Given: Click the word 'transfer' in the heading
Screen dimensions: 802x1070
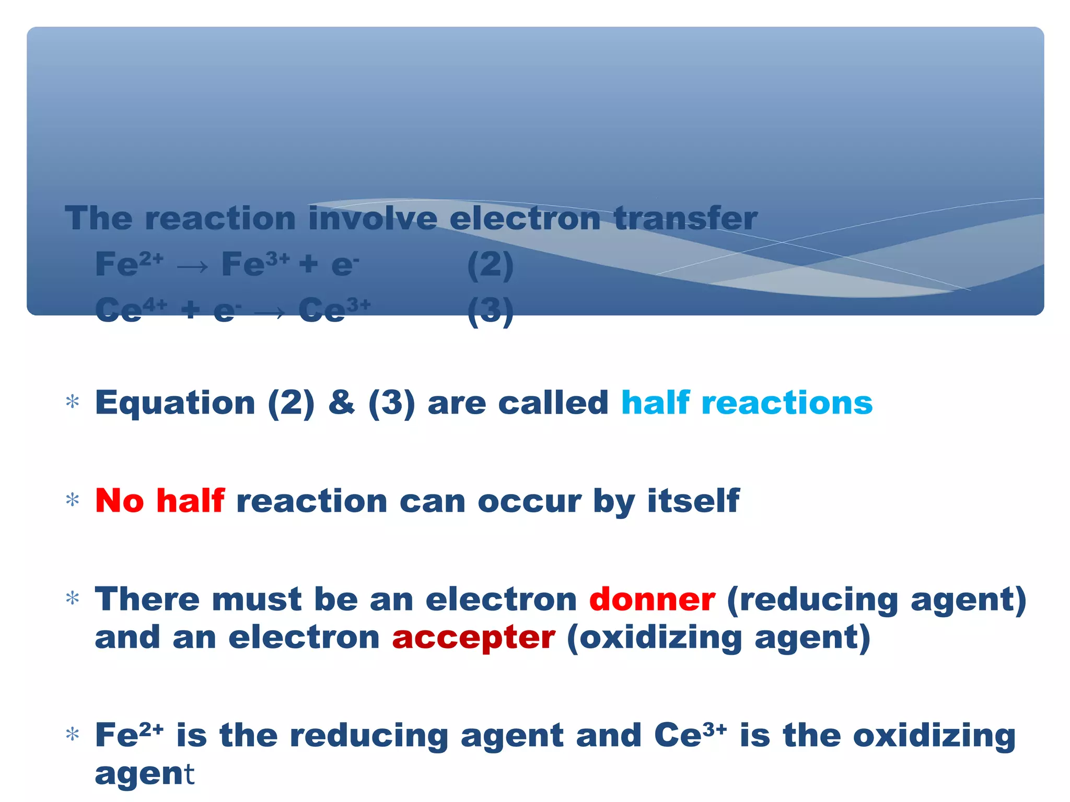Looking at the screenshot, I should coord(685,218).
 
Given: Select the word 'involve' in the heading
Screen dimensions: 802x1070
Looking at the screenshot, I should coord(373,218).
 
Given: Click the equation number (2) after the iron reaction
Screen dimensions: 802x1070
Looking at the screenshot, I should coord(490,265).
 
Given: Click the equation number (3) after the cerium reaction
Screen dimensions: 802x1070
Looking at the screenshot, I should coord(490,311).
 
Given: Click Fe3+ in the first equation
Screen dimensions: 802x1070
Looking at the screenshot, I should coord(254,264).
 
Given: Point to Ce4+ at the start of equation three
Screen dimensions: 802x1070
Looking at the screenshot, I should coord(131,309).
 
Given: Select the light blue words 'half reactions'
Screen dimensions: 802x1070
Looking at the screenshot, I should coord(747,403).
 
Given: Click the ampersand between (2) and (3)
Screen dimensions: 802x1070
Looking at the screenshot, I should coord(341,403).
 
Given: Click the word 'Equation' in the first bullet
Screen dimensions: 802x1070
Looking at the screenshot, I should coord(175,403).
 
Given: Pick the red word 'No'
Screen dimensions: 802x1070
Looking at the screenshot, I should coord(119,501).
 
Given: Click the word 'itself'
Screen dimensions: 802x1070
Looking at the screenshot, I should coord(693,501).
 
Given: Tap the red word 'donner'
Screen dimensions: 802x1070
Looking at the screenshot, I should coord(652,599).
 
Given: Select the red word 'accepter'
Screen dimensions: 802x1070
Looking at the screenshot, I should coord(473,638).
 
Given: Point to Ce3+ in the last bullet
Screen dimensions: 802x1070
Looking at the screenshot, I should coord(690,735).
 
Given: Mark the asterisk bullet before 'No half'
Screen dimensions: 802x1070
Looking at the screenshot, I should coord(73,500).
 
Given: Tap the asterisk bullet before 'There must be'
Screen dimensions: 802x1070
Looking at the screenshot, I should coord(73,598).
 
